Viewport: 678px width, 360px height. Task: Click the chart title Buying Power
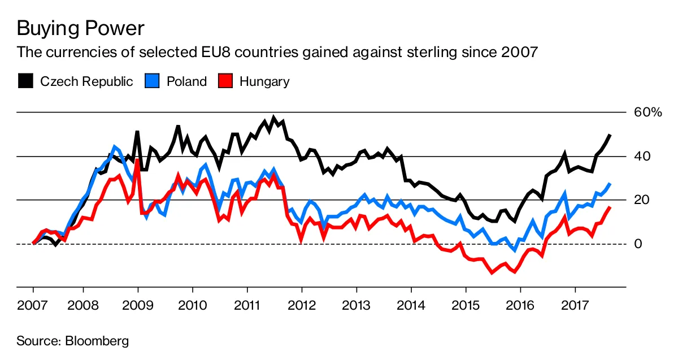pos(81,28)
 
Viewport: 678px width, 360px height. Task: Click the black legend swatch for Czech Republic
pos(25,81)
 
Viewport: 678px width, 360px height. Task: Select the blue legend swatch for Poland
pos(151,81)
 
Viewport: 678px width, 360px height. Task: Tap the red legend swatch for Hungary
pos(224,81)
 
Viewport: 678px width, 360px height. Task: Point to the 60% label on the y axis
pos(647,112)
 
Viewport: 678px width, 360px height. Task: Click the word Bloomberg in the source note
pos(97,341)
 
